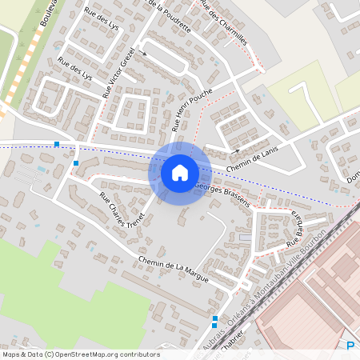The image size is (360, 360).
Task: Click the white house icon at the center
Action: click(x=180, y=172)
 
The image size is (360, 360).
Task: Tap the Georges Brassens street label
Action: click(x=223, y=194)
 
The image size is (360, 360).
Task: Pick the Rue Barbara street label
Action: click(x=296, y=231)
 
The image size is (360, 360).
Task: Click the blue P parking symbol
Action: click(x=350, y=346)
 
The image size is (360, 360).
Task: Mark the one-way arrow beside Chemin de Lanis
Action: click(x=235, y=150)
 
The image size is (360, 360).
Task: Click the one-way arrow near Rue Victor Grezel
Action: click(x=144, y=53)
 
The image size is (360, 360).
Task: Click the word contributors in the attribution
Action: click(x=141, y=354)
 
